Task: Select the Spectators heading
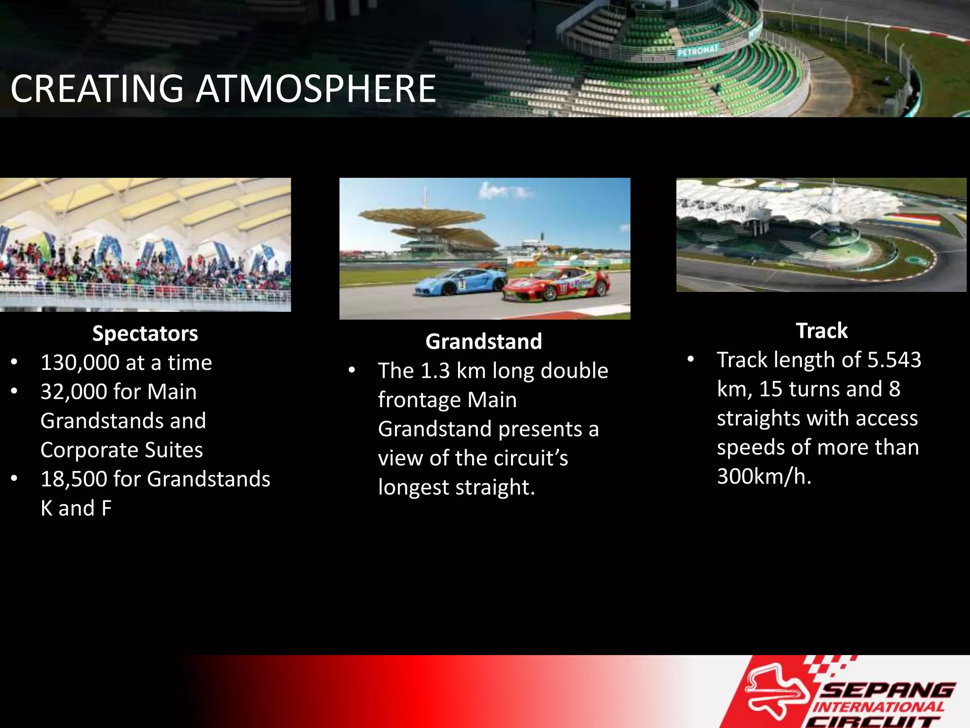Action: pos(145,334)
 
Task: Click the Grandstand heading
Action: pos(484,342)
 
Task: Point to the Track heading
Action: pos(822,331)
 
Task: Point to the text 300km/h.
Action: pos(764,476)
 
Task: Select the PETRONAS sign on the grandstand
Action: pos(698,50)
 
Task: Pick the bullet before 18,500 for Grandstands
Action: pos(15,479)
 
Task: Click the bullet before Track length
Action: pos(691,360)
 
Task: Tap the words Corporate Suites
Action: pos(121,450)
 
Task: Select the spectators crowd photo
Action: pos(145,245)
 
